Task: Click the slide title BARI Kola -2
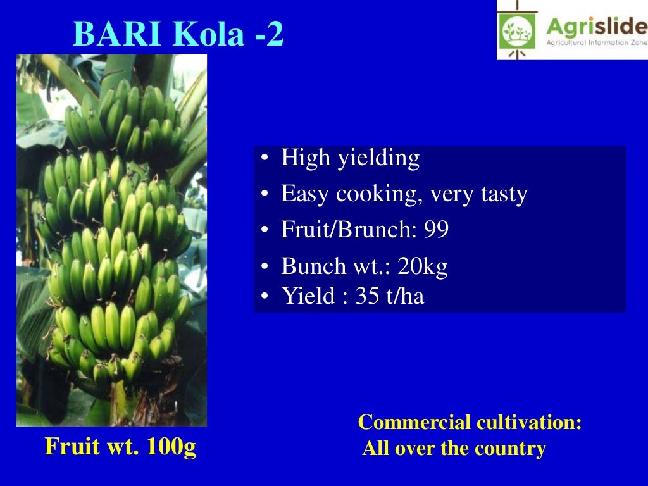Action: pos(178,35)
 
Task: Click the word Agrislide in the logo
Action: pos(595,27)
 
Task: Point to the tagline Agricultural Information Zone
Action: pos(595,43)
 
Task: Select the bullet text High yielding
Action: pos(350,158)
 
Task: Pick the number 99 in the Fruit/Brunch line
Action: pos(436,230)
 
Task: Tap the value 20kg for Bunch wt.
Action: pos(422,266)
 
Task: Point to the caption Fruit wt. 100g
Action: pos(120,447)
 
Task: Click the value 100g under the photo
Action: pos(171,447)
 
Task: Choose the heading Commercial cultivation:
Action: pos(470,422)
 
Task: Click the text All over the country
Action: pos(454,449)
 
